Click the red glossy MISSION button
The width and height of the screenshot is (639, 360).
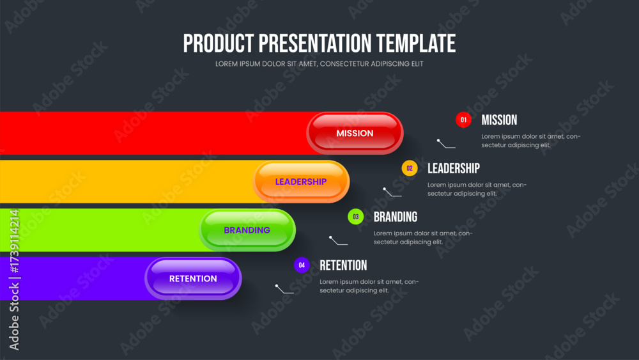(x=355, y=133)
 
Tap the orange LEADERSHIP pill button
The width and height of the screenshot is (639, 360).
(x=301, y=182)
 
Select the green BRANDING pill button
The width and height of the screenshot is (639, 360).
(x=247, y=230)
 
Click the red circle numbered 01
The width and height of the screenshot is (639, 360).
(x=463, y=120)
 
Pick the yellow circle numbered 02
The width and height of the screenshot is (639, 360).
(x=410, y=168)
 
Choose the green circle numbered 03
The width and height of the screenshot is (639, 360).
(x=356, y=217)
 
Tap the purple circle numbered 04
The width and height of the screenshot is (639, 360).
(x=302, y=265)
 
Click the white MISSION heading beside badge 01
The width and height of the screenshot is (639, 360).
(x=499, y=120)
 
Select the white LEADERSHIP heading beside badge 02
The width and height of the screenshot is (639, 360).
(x=454, y=168)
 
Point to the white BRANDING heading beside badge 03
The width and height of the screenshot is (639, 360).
(x=396, y=217)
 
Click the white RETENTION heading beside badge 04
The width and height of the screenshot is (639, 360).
(x=343, y=265)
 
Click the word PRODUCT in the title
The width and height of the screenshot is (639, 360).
(x=219, y=43)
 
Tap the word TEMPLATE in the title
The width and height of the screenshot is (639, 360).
(x=416, y=43)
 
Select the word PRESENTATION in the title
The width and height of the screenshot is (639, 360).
(x=315, y=43)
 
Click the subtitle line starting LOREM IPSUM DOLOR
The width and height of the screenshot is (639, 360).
(x=319, y=64)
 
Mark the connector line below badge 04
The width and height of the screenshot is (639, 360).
(x=284, y=290)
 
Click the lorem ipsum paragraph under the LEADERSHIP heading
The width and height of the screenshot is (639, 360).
(x=477, y=189)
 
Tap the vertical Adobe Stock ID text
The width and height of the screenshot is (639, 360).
(x=14, y=279)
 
